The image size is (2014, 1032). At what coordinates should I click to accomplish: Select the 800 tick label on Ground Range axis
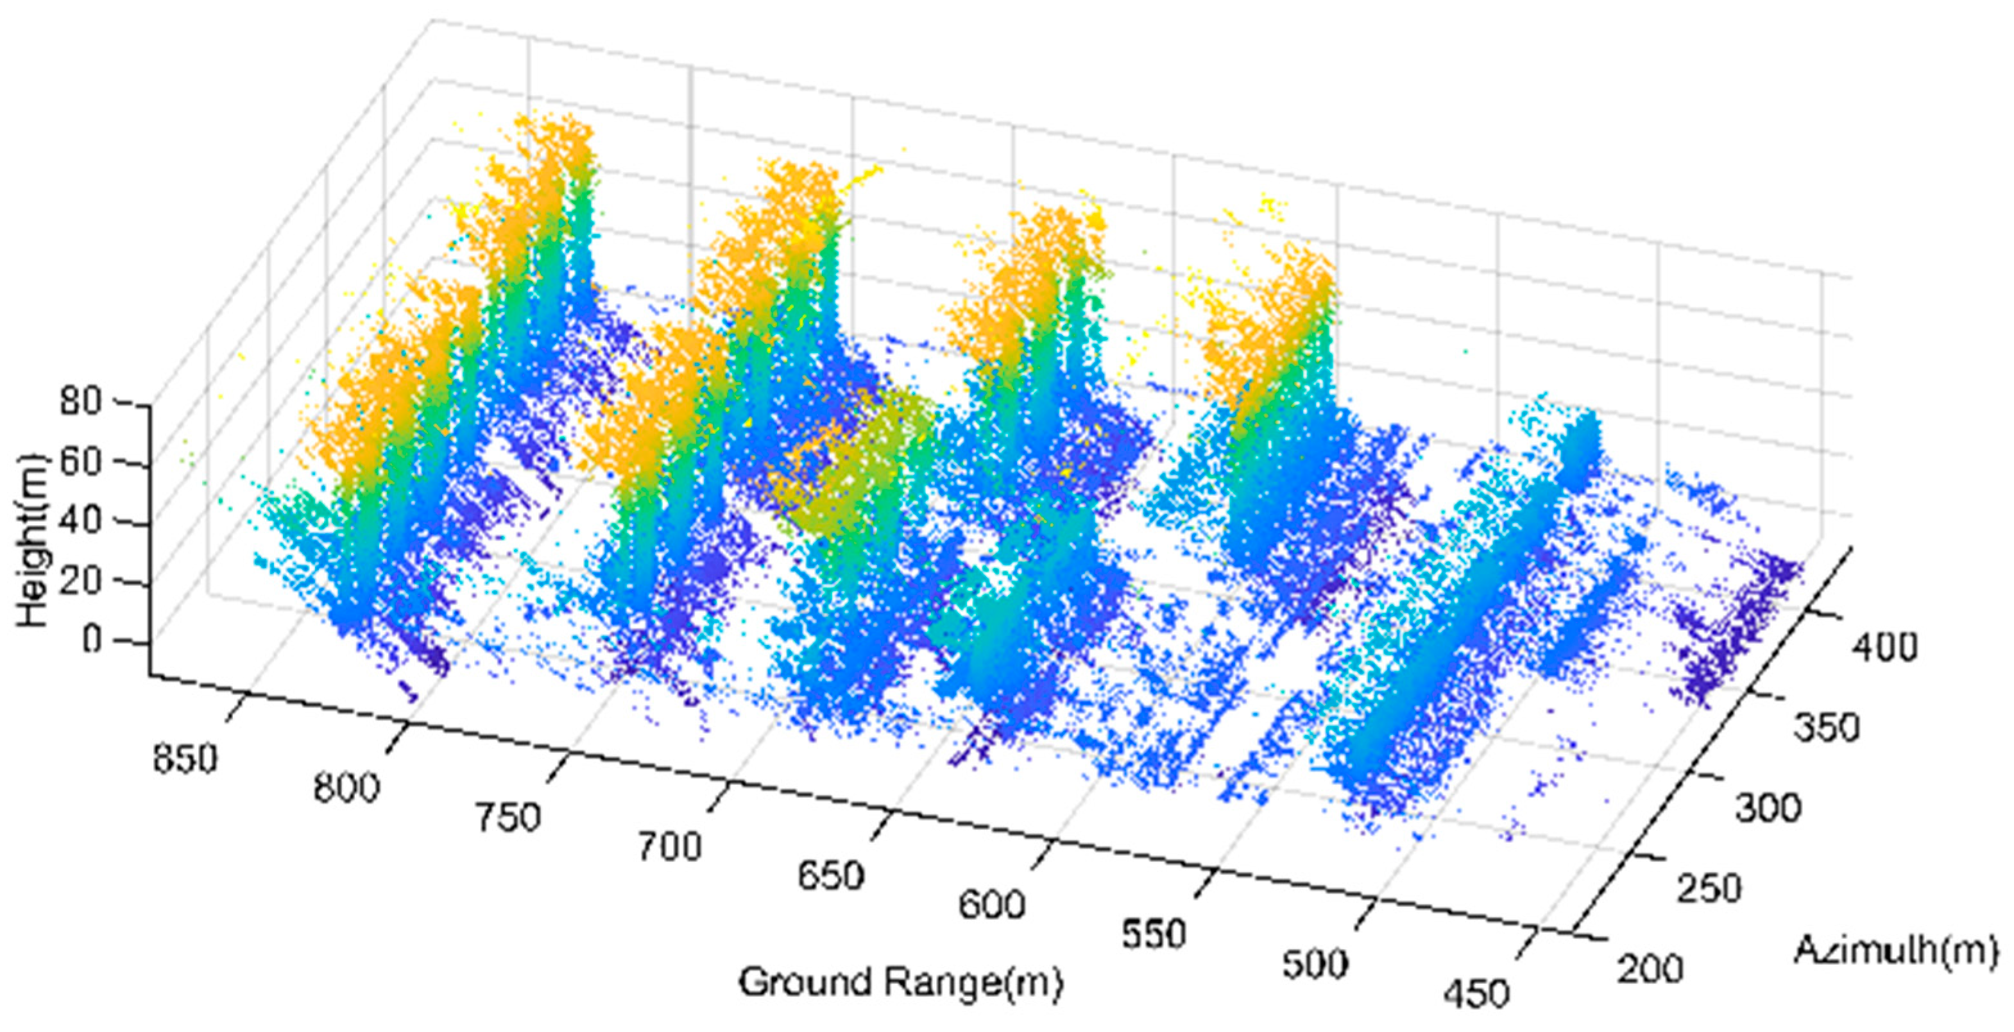point(346,787)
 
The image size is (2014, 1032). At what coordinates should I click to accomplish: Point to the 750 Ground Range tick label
point(508,818)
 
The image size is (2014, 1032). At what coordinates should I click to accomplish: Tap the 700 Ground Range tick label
point(670,847)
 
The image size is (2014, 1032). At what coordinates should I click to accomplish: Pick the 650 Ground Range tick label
point(831,875)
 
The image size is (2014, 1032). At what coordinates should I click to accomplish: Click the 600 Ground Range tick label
point(992,904)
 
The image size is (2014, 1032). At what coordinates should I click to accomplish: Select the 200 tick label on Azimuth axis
point(1650,968)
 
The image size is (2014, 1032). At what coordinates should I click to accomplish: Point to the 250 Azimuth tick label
point(1710,889)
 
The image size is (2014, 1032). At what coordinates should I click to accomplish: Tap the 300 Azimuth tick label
point(1768,807)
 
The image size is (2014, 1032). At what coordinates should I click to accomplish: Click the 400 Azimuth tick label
point(1884,648)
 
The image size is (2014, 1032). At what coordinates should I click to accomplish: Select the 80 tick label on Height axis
point(81,402)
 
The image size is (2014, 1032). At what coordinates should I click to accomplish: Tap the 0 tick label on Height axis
point(92,641)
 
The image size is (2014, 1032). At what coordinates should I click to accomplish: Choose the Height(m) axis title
point(33,540)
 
